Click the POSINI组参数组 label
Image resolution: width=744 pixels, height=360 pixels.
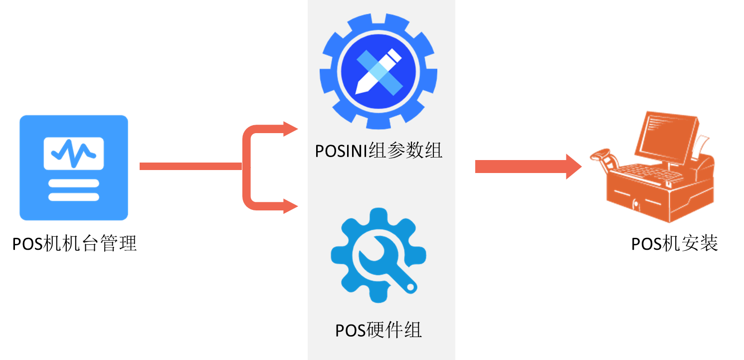pyautogui.click(x=378, y=150)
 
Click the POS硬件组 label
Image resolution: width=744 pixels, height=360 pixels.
pyautogui.click(x=378, y=330)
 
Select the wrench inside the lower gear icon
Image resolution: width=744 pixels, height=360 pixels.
pyautogui.click(x=387, y=264)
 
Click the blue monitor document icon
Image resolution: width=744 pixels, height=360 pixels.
pyautogui.click(x=74, y=168)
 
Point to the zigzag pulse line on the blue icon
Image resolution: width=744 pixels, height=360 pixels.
pyautogui.click(x=74, y=151)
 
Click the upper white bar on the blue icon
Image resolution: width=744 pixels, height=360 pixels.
pyautogui.click(x=74, y=183)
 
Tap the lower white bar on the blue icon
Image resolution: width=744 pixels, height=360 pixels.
pyautogui.click(x=74, y=196)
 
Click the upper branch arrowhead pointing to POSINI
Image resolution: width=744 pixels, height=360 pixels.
pyautogui.click(x=290, y=129)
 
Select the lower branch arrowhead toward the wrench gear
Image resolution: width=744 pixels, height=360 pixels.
pyautogui.click(x=290, y=206)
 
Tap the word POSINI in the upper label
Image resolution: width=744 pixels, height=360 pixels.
pyautogui.click(x=342, y=150)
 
